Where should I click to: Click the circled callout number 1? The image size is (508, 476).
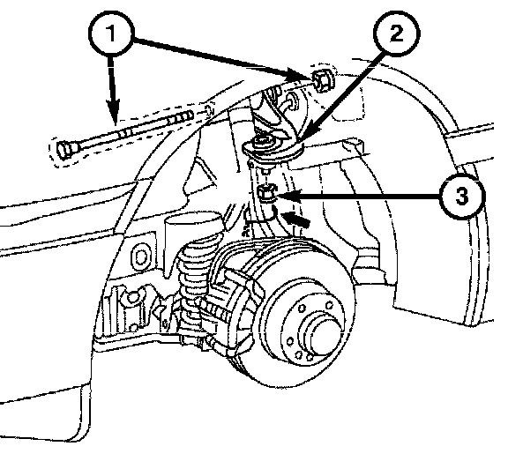click(x=111, y=33)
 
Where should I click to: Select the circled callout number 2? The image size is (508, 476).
click(x=397, y=33)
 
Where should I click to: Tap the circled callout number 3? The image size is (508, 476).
click(x=462, y=196)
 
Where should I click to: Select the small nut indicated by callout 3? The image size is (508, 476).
click(x=266, y=193)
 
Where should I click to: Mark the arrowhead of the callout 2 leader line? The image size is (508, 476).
click(x=304, y=136)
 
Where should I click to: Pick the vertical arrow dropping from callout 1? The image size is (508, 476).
click(x=112, y=90)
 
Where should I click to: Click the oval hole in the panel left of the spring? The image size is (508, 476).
click(x=140, y=257)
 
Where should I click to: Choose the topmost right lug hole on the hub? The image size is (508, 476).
click(x=330, y=305)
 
